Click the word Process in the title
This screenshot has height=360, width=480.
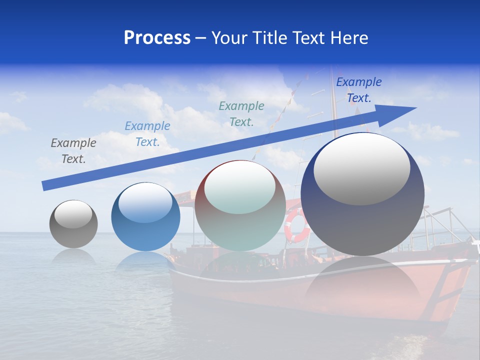tap(157, 38)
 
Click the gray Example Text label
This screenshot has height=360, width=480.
tap(73, 151)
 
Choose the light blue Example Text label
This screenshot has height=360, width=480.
tap(147, 134)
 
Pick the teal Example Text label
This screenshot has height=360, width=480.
tap(241, 114)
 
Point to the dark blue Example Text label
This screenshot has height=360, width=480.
tap(359, 90)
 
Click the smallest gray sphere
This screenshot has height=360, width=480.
tap(73, 230)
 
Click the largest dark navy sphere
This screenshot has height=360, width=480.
tap(362, 220)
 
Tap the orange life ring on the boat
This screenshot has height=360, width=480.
tap(296, 226)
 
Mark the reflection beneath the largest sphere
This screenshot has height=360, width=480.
tap(362, 285)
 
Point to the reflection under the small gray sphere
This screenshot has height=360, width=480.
tap(73, 256)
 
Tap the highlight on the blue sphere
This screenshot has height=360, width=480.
tap(145, 202)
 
